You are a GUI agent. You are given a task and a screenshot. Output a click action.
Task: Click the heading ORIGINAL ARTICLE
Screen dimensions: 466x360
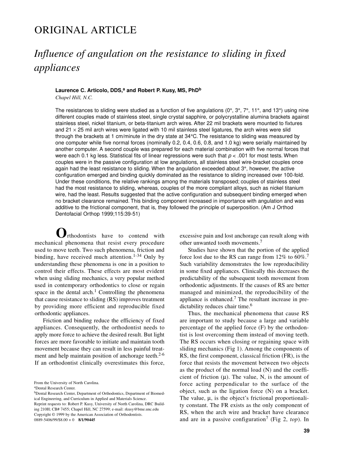tap(85, 30)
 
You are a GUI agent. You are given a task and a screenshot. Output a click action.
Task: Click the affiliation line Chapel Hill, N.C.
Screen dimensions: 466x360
tap(71, 97)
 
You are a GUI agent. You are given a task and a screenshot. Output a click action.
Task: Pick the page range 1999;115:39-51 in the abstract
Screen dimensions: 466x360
tap(111, 213)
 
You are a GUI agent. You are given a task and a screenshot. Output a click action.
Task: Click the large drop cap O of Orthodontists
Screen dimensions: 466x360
tap(62, 232)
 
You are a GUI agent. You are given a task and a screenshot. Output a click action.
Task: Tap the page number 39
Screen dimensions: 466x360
tap(307, 430)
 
